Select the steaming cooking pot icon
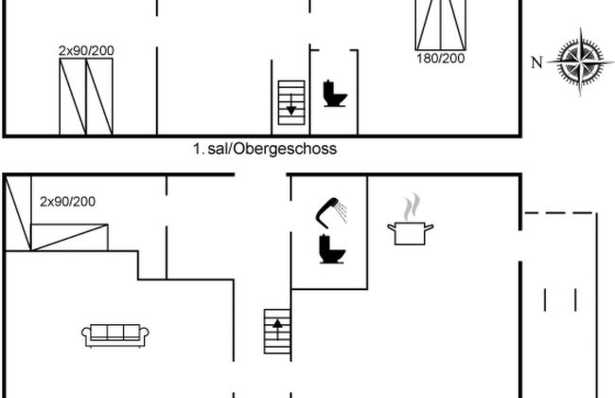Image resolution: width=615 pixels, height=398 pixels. [x=411, y=232]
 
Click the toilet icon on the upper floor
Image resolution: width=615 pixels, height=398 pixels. [x=334, y=94]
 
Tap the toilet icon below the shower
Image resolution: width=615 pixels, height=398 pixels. [x=331, y=249]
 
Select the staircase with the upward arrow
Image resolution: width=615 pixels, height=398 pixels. [x=277, y=332]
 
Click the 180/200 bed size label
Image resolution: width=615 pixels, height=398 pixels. [x=441, y=59]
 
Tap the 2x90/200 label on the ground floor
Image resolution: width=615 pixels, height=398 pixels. [x=67, y=201]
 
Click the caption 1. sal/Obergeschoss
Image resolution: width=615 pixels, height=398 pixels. [x=264, y=149]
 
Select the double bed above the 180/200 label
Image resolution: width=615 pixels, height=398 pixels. [x=441, y=23]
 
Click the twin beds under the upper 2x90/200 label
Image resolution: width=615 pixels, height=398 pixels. [x=86, y=96]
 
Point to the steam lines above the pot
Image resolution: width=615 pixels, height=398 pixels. [x=410, y=206]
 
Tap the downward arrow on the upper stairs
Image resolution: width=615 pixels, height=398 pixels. [x=291, y=109]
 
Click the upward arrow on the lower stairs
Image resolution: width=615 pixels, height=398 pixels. [x=277, y=324]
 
